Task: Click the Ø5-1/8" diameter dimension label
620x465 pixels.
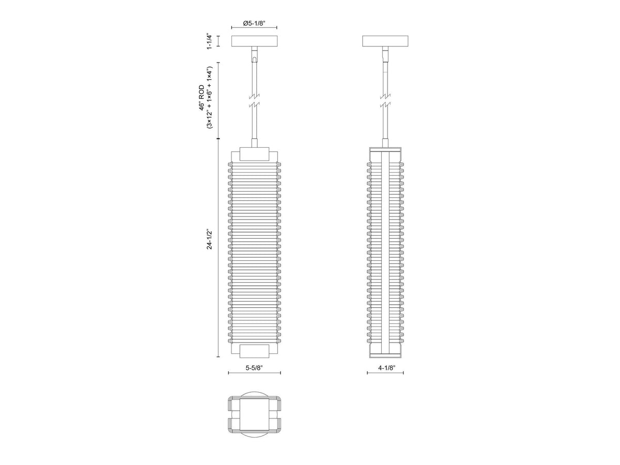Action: click(x=254, y=23)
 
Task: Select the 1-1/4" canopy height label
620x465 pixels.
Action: click(x=209, y=41)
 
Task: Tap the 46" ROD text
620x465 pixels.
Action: click(x=202, y=98)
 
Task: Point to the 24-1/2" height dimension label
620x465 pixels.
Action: click(x=209, y=239)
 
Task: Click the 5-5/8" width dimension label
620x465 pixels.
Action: click(x=254, y=368)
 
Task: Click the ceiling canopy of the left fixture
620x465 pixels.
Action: click(x=254, y=41)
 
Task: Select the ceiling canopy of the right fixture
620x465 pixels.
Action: click(x=385, y=41)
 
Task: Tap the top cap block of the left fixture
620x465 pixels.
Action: click(x=254, y=154)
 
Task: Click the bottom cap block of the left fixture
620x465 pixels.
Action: click(x=254, y=351)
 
